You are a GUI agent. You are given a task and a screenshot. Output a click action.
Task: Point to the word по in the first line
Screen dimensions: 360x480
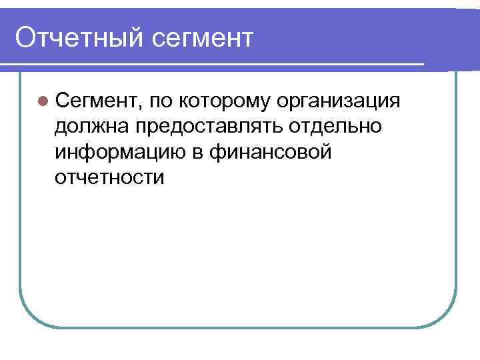coord(162,101)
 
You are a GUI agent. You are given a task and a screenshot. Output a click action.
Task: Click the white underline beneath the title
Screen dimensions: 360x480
coord(213,65)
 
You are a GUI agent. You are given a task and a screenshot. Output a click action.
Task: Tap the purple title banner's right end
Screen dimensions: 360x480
coord(467,37)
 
